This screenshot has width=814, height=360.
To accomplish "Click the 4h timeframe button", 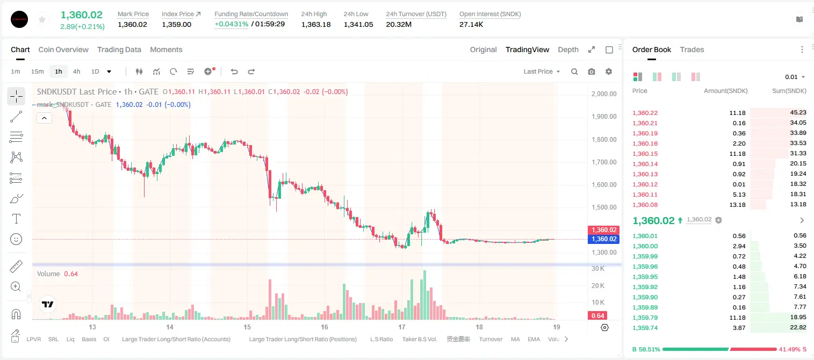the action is click(76, 71).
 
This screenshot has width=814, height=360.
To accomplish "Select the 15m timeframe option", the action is click(38, 71).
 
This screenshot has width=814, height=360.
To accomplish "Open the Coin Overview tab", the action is click(63, 50).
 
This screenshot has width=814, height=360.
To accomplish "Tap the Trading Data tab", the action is click(119, 50).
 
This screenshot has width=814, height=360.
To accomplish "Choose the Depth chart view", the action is click(568, 50).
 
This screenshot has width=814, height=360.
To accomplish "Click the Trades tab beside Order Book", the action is click(692, 50).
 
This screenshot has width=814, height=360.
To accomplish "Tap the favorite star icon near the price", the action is click(42, 20).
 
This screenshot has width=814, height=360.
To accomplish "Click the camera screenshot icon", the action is click(592, 71).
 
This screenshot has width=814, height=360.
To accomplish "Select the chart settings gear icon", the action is click(609, 71).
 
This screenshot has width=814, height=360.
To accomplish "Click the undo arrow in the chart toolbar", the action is click(234, 71).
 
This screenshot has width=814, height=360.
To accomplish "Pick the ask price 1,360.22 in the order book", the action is click(645, 113).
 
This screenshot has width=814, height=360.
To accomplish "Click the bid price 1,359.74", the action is click(645, 328).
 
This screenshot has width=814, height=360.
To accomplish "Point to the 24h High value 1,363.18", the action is click(316, 24).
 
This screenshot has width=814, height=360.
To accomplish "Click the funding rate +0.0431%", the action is click(232, 24).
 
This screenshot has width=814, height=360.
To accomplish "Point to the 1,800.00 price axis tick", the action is click(604, 140).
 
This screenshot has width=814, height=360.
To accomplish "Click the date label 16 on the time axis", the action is click(324, 327).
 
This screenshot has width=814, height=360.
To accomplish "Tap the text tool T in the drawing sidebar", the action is click(16, 219).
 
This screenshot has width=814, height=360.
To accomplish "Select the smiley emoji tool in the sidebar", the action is click(16, 239).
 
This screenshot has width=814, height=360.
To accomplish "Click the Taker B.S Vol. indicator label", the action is click(419, 339).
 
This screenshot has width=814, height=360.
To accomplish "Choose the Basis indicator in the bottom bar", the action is click(89, 339).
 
